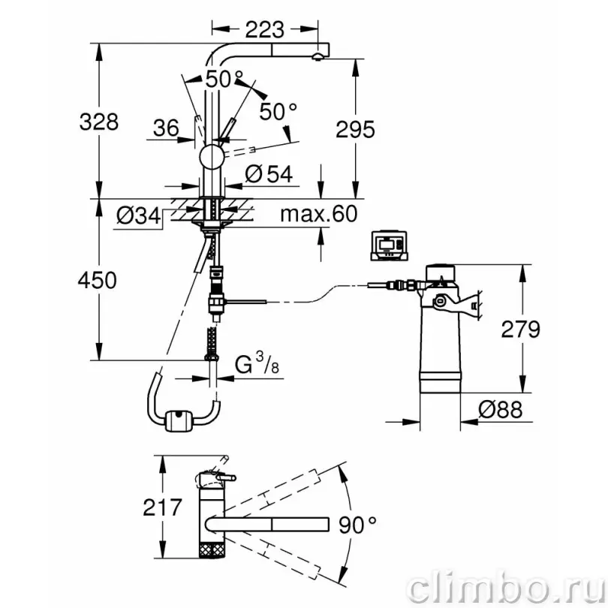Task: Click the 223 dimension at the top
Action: click(x=265, y=29)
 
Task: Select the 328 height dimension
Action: click(x=99, y=122)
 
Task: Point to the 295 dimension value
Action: click(x=355, y=129)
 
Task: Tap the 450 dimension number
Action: click(x=98, y=280)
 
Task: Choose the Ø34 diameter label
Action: click(x=138, y=215)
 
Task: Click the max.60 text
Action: click(x=319, y=214)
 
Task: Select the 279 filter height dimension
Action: click(x=520, y=330)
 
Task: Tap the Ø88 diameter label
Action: click(x=500, y=410)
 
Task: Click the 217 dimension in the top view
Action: click(x=162, y=507)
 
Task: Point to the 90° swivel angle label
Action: click(x=357, y=525)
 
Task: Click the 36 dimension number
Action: click(x=166, y=128)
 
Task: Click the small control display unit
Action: click(x=390, y=246)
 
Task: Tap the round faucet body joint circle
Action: click(x=212, y=157)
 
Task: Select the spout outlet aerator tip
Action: click(x=317, y=58)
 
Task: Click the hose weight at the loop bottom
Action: click(x=179, y=421)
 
